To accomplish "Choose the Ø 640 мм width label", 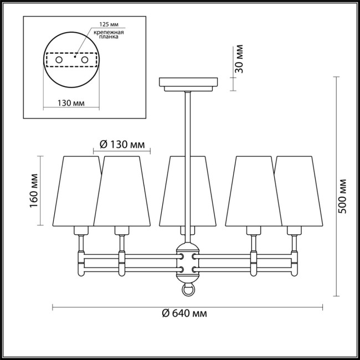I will [185, 313].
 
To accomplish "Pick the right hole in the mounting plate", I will [84, 59].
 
